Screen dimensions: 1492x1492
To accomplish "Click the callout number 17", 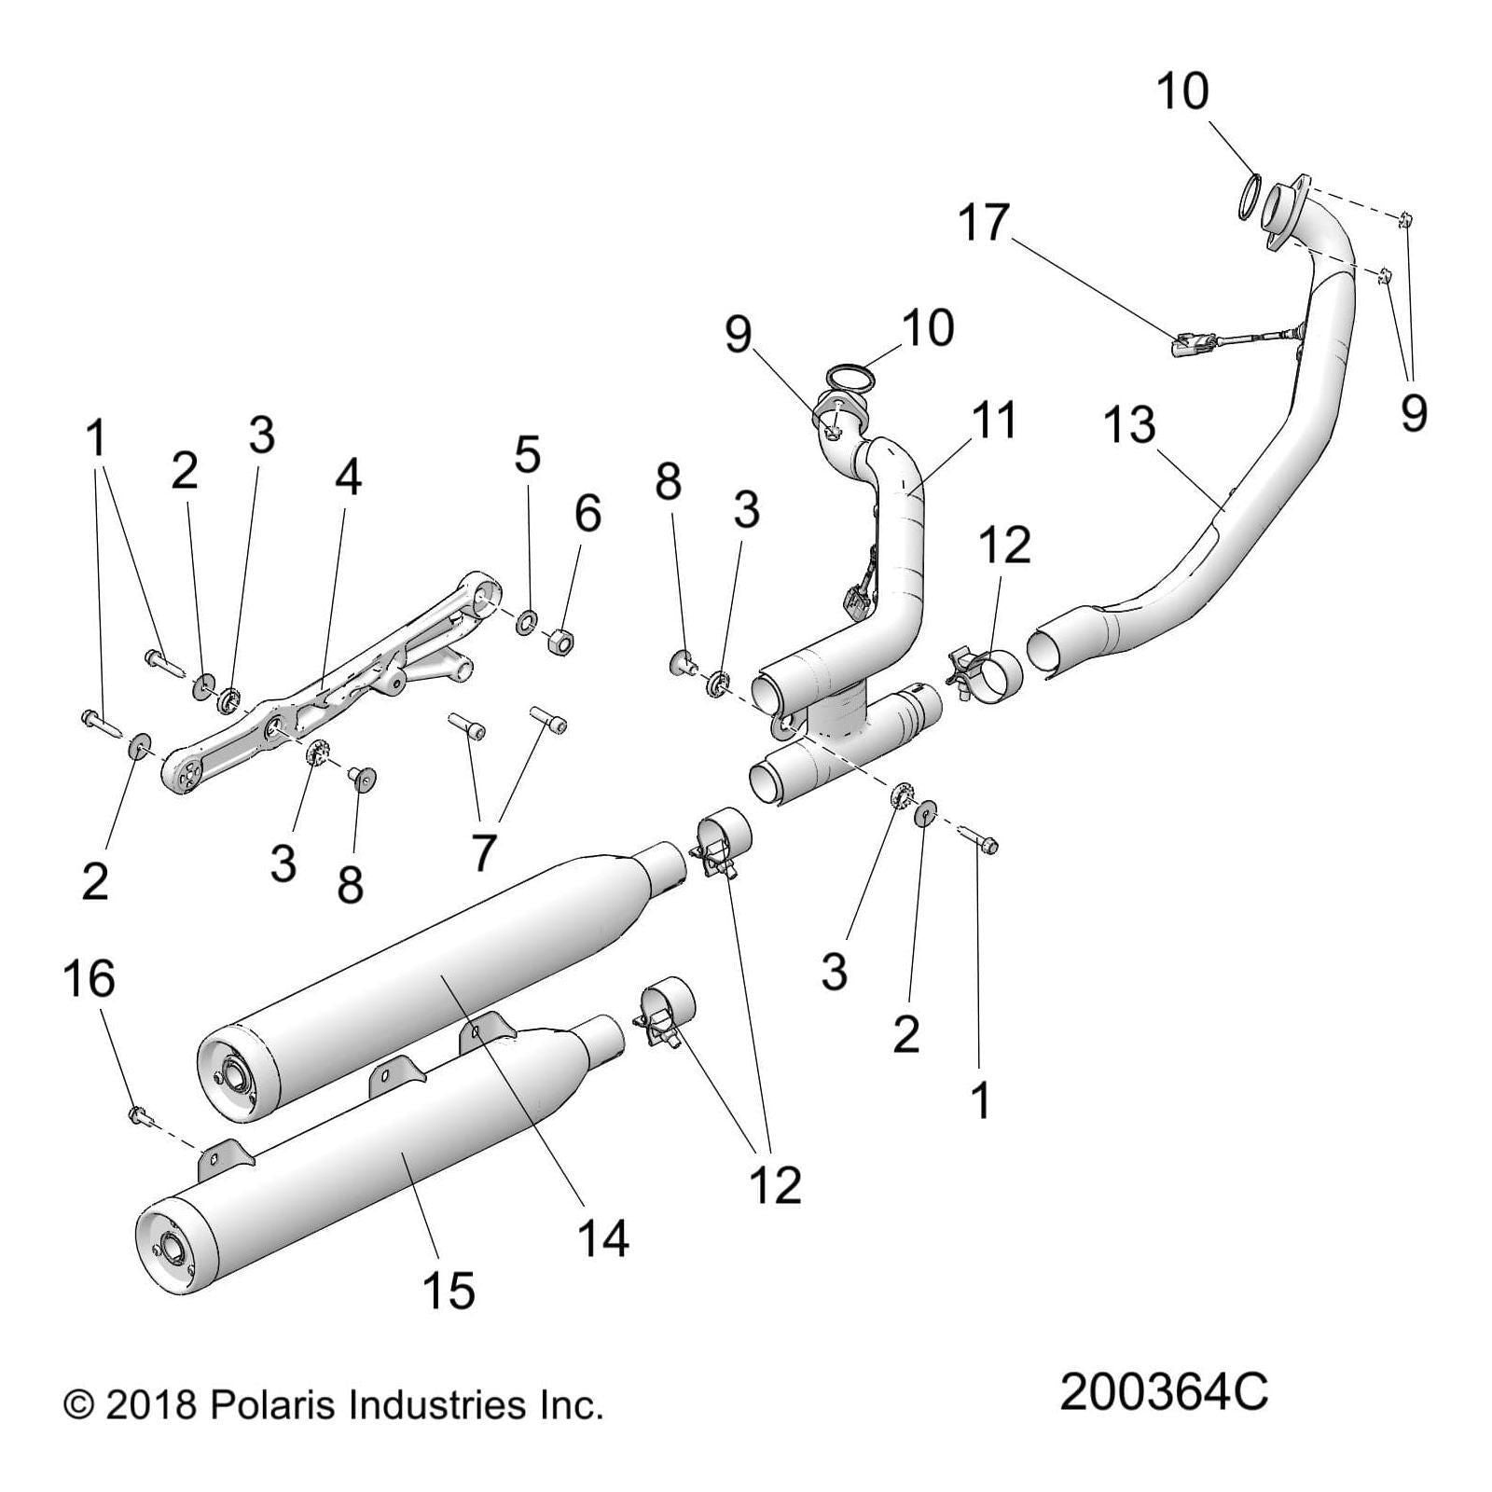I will tap(984, 222).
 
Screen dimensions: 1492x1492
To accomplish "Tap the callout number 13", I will tap(1128, 424).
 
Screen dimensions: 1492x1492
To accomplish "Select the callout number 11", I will tap(993, 420).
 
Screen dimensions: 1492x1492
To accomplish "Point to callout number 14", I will tap(603, 1237).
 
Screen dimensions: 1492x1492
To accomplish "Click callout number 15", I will tap(449, 1290).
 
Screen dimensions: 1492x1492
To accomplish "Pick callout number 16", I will tap(89, 979).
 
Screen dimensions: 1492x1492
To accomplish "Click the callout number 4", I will tap(347, 477).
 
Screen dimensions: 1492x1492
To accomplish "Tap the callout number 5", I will tap(527, 454).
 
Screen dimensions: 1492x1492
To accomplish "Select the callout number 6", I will tap(587, 512).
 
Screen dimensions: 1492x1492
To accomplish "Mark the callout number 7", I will tap(482, 850).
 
